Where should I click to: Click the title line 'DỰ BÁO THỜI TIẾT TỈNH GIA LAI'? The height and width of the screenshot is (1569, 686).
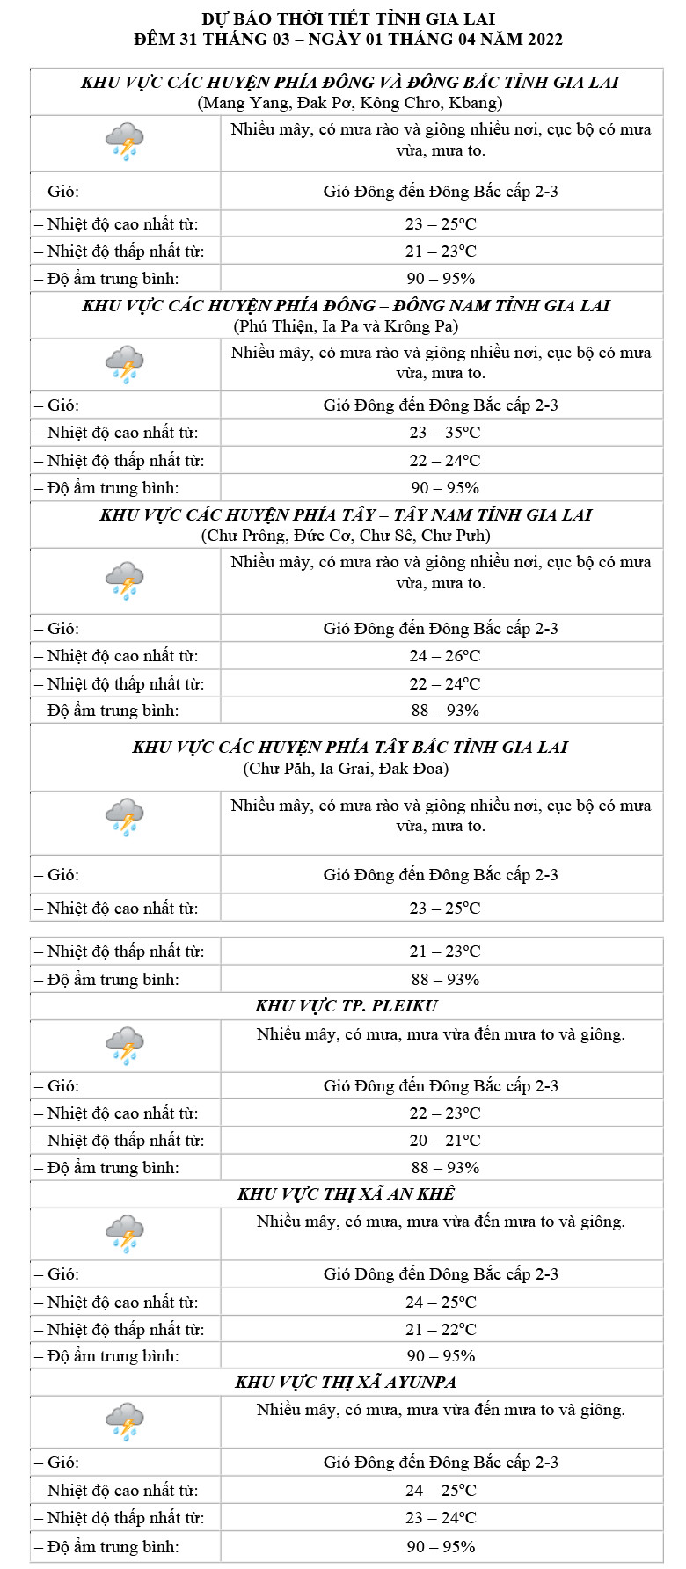pyautogui.click(x=348, y=18)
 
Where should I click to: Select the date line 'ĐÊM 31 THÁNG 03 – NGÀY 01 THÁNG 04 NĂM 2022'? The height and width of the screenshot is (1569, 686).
pyautogui.click(x=348, y=40)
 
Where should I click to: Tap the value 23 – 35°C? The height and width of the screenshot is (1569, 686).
pyautogui.click(x=444, y=433)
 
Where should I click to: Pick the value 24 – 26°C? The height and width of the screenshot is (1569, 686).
pyautogui.click(x=444, y=656)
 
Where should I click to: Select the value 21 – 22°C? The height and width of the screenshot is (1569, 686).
pyautogui.click(x=441, y=1330)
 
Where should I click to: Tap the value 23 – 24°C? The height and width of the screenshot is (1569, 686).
pyautogui.click(x=441, y=1518)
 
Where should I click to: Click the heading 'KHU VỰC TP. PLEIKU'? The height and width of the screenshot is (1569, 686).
pyautogui.click(x=346, y=1006)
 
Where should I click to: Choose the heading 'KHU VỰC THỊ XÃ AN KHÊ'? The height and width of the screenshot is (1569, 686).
pyautogui.click(x=346, y=1194)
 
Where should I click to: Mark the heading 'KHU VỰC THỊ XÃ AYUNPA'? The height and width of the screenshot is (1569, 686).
pyautogui.click(x=346, y=1383)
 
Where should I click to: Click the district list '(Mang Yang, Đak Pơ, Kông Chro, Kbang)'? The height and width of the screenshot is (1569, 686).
pyautogui.click(x=350, y=103)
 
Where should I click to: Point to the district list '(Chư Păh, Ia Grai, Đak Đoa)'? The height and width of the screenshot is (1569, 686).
pyautogui.click(x=346, y=769)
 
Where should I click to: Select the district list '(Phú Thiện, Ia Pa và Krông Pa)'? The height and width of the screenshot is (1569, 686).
pyautogui.click(x=346, y=326)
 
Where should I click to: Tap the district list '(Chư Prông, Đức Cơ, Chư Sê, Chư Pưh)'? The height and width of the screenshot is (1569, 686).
pyautogui.click(x=346, y=536)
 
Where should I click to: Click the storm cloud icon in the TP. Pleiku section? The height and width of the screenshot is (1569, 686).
pyautogui.click(x=125, y=1045)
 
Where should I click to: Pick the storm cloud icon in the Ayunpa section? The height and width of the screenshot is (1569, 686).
pyautogui.click(x=125, y=1421)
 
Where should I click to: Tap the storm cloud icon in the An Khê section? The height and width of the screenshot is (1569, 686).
pyautogui.click(x=125, y=1233)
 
